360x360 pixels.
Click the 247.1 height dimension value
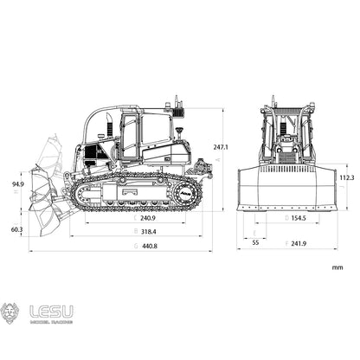(x=222, y=147)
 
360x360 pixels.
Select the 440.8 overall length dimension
(x=149, y=247)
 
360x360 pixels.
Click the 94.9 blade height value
(x=17, y=184)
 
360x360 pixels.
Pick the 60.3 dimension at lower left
(x=17, y=229)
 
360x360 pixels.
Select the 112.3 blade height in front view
(x=346, y=177)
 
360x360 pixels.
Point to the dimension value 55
(x=255, y=244)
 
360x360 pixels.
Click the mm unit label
(x=337, y=268)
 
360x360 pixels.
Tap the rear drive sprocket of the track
(x=187, y=195)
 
